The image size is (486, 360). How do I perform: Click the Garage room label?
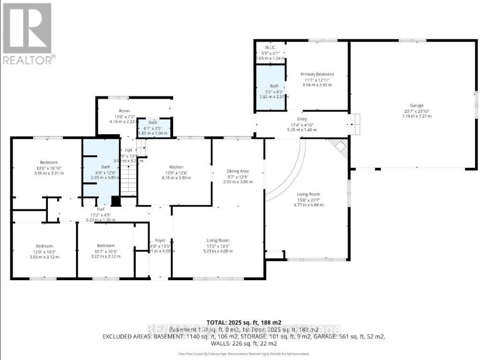tap(416, 106)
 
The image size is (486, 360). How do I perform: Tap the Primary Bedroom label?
tap(317, 74)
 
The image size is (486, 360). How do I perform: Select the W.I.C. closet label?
tap(270, 47)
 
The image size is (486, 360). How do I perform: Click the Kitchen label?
tap(176, 167)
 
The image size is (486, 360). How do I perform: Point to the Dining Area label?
tap(238, 171)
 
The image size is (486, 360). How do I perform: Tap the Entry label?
tap(302, 119)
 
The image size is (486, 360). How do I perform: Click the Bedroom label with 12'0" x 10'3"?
tap(45, 246)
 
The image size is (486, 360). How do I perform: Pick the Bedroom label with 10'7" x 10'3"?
tap(106, 245)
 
